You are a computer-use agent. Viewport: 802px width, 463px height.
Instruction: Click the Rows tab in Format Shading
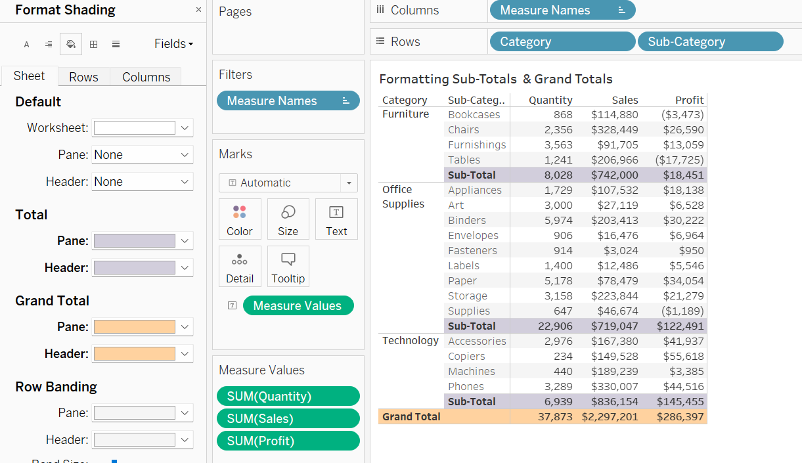pos(83,77)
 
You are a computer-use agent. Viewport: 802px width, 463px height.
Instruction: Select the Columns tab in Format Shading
pos(146,77)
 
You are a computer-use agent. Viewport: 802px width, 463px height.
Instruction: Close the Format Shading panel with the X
pos(199,10)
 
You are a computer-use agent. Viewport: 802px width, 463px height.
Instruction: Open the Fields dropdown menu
pos(174,44)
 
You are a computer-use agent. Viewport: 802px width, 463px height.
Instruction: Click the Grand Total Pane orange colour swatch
pos(135,327)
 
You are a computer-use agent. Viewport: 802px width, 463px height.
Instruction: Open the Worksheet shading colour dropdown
pos(185,128)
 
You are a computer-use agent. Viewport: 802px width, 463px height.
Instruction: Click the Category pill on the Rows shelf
pos(562,41)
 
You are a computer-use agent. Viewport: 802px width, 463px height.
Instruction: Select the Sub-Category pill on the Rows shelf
pos(710,41)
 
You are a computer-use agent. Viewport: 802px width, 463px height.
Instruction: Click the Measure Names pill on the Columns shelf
pos(562,10)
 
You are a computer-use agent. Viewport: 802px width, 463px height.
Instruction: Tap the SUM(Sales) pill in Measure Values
pos(288,418)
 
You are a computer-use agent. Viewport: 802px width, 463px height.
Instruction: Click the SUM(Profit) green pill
pos(288,441)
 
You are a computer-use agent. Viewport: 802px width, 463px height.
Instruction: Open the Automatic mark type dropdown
pos(349,183)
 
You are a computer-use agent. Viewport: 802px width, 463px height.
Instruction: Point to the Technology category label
pos(411,340)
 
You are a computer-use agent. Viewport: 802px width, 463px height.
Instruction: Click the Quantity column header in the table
pos(550,100)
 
